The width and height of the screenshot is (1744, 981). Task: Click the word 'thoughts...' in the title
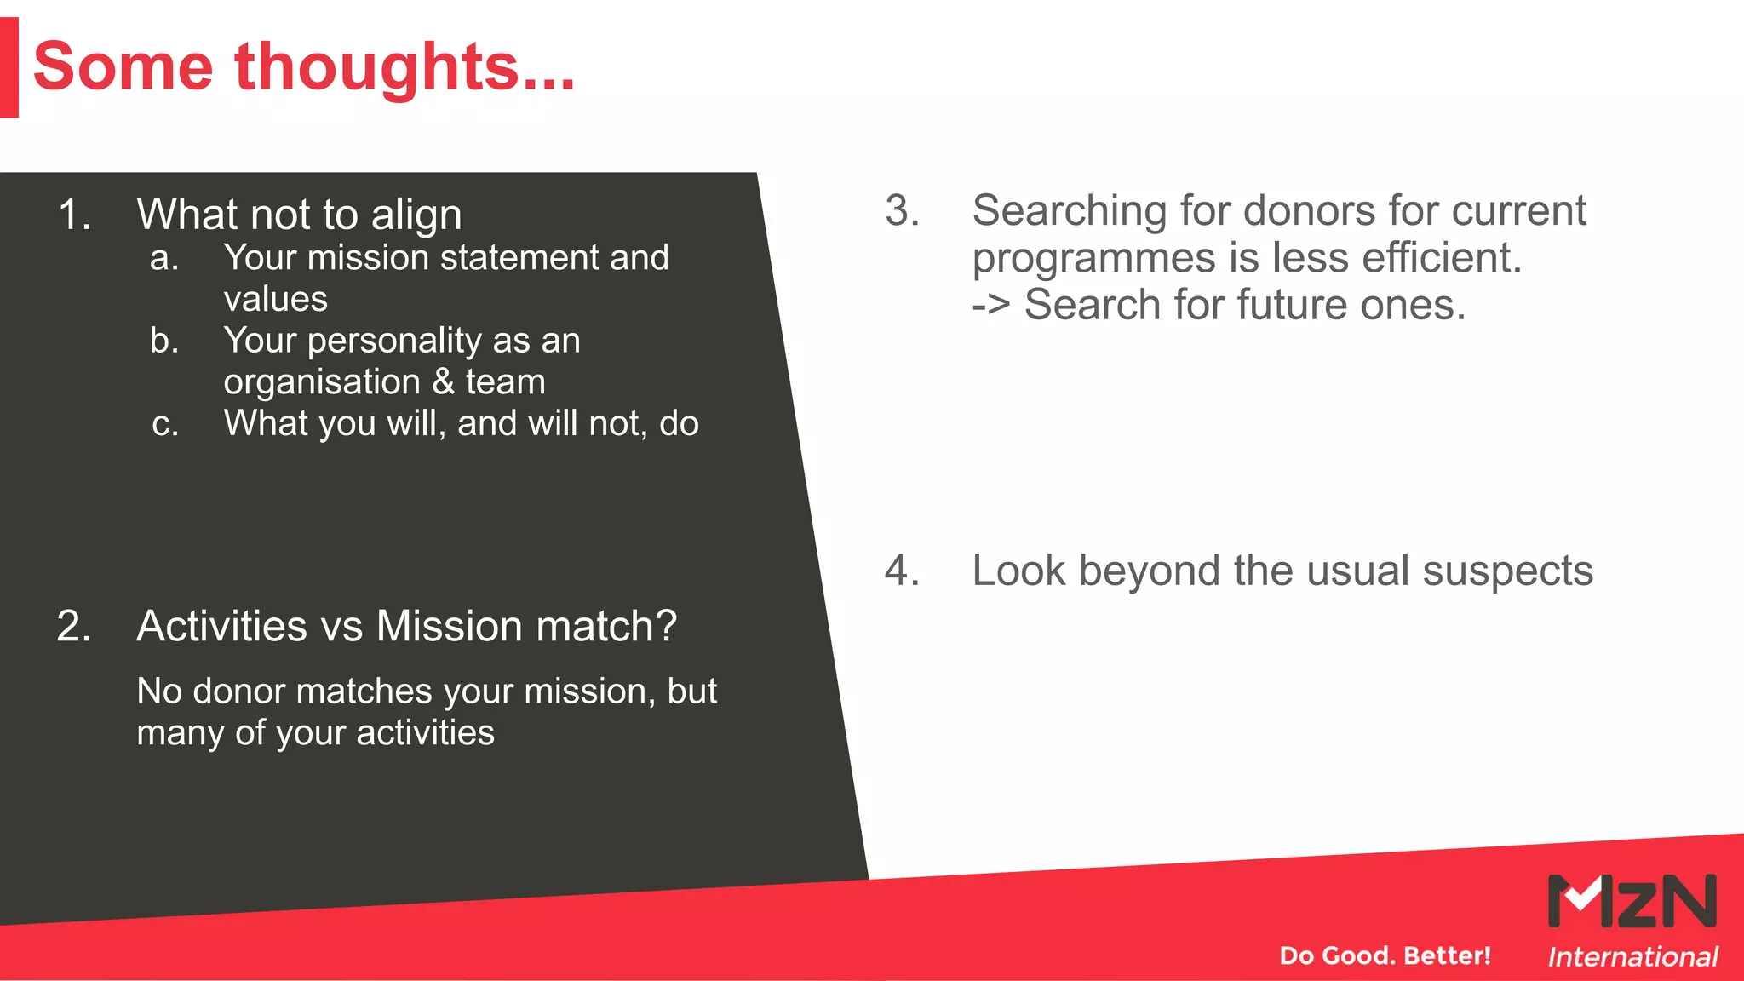(404, 68)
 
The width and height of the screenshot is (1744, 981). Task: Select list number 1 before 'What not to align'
(74, 214)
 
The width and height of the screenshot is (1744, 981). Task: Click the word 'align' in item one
(416, 215)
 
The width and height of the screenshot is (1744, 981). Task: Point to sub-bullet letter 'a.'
(163, 258)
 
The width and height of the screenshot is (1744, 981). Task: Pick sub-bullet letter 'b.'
(164, 341)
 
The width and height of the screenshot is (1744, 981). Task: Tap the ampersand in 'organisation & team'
(443, 381)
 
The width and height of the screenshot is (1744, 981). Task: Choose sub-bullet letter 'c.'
(165, 424)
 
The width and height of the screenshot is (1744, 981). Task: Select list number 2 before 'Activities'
(74, 626)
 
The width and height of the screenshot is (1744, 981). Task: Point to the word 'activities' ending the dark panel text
(425, 733)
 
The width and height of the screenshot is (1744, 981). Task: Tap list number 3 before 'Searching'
(902, 210)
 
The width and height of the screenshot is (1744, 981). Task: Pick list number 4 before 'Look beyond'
(902, 571)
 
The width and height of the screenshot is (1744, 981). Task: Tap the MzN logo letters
(1631, 901)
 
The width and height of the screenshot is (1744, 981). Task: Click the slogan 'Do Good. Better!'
(1385, 955)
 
